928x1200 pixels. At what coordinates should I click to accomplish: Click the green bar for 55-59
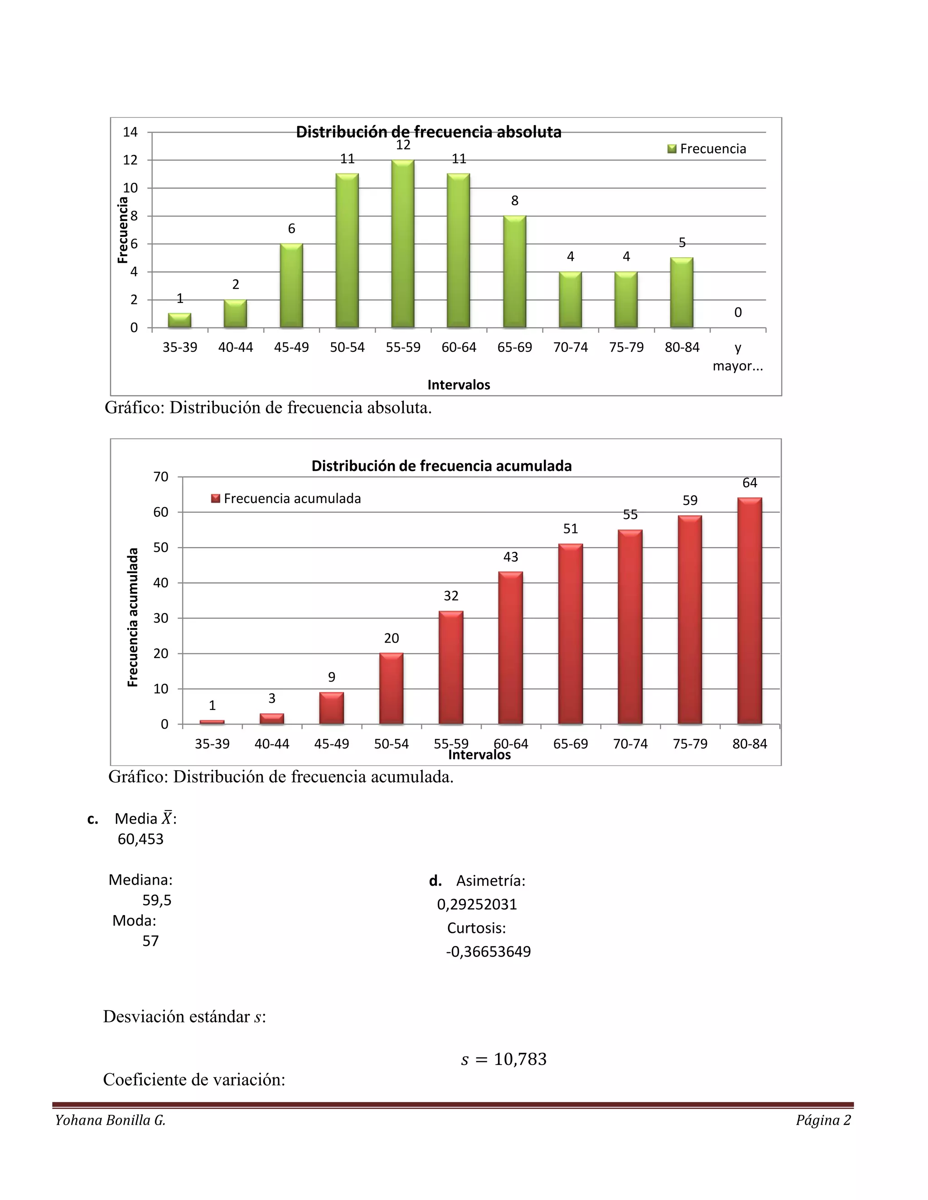(x=403, y=244)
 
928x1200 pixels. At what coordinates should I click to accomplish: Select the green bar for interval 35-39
(x=180, y=320)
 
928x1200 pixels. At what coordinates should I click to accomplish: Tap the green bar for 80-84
(x=681, y=293)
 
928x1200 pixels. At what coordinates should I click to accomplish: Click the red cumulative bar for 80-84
(x=749, y=610)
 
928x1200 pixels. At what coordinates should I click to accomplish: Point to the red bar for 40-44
(x=271, y=719)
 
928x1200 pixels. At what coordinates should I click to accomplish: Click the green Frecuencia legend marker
(x=672, y=149)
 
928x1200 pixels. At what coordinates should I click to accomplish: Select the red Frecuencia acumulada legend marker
(x=216, y=499)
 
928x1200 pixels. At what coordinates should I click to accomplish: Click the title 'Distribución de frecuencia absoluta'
(x=428, y=132)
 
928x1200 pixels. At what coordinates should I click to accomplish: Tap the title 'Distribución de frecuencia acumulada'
(x=441, y=466)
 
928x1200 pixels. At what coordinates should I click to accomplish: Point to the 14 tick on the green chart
(x=130, y=132)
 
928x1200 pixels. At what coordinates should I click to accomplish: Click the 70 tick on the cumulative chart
(x=160, y=477)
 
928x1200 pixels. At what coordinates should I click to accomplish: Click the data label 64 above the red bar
(x=749, y=483)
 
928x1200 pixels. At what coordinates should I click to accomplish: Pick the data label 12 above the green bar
(x=403, y=145)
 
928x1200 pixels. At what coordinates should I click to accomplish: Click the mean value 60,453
(x=141, y=839)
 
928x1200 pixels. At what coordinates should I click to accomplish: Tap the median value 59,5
(x=157, y=900)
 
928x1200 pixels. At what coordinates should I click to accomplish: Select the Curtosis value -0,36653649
(x=488, y=952)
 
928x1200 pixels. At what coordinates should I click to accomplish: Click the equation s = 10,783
(x=503, y=1059)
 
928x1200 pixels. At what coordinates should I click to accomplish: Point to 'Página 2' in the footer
(x=823, y=1120)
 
